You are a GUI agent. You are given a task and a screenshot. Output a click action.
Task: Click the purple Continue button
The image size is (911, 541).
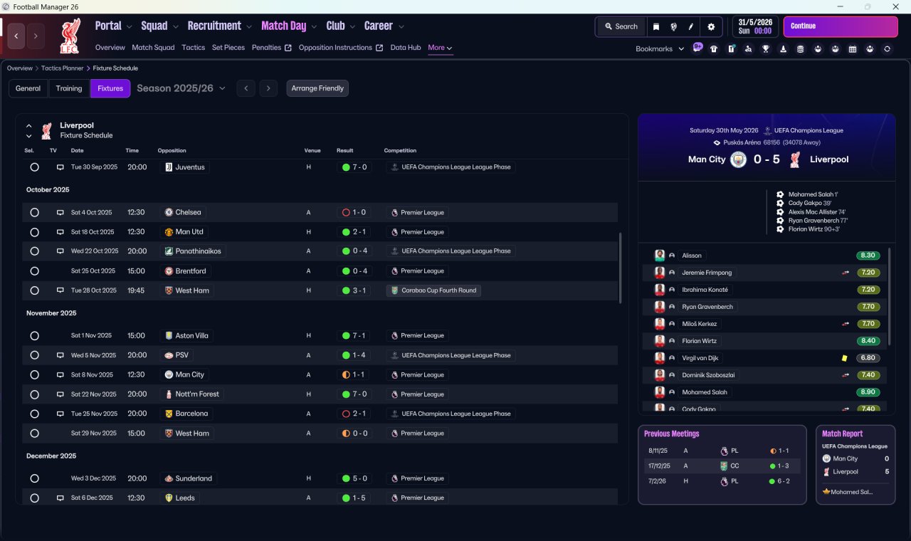[x=841, y=26]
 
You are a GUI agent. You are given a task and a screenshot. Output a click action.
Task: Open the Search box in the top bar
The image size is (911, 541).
[x=621, y=26]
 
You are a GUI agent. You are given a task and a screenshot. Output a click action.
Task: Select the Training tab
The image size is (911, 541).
[x=69, y=88]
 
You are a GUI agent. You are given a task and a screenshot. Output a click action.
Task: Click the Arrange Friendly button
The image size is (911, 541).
[x=317, y=88]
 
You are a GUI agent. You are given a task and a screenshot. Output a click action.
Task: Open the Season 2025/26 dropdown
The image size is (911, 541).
[x=181, y=88]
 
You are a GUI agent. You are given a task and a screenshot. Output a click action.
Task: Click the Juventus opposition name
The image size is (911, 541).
[x=189, y=167]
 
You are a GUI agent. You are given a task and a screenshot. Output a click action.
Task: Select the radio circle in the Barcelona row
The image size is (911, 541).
[x=35, y=414]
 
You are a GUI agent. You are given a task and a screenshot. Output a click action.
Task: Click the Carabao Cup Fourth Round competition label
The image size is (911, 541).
[x=438, y=290]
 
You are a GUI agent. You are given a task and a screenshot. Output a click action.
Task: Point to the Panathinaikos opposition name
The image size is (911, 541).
[x=198, y=251]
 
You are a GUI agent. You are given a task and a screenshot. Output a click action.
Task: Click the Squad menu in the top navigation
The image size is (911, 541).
[x=154, y=26]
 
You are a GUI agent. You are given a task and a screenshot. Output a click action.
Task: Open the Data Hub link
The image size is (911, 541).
[x=406, y=48]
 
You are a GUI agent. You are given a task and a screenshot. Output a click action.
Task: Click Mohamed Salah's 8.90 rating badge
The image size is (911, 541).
[x=868, y=392]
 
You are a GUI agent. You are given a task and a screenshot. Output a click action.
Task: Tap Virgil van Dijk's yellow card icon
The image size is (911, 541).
[x=844, y=358]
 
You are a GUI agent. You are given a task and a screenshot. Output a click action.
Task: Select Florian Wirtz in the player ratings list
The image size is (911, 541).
[x=699, y=341]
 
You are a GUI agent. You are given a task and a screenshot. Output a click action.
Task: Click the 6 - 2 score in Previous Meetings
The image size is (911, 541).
[x=784, y=481]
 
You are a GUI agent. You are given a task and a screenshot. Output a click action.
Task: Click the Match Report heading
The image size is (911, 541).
[x=842, y=434]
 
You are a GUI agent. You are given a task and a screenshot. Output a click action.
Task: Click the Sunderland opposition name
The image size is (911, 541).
[x=194, y=478]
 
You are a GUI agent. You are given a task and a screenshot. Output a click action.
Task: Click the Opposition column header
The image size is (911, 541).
[x=172, y=150]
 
